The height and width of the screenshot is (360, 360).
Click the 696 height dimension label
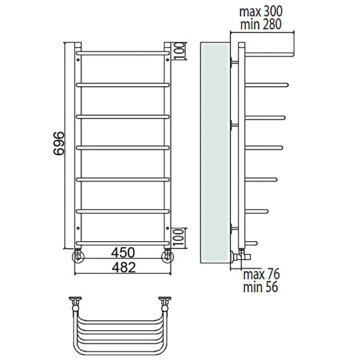point(58,144)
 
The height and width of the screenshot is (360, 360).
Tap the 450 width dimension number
point(123,253)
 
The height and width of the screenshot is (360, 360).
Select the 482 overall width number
point(124,268)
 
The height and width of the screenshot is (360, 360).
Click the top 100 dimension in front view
point(181,51)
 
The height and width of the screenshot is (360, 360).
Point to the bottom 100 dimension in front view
point(181,238)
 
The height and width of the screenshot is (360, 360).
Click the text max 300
point(260,12)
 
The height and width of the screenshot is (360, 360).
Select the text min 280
point(260,25)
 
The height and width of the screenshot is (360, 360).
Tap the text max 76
point(261,274)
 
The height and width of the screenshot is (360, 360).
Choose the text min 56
point(260,287)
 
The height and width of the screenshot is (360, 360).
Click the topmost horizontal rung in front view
point(123,53)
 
